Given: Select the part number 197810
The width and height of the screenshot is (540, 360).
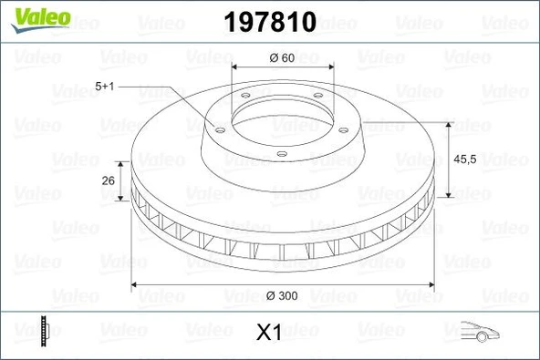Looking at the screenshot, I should click(269, 19).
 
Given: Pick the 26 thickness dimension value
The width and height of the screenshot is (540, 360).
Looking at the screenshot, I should click(108, 181).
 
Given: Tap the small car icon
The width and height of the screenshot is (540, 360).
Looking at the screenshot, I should click(481, 332).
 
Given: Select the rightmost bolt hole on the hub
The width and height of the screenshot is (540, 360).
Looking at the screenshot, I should click(344, 129).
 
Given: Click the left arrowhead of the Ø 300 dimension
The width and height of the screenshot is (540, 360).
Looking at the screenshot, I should click(137, 284).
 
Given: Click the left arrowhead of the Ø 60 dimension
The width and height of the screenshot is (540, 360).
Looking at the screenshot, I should click(236, 68).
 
